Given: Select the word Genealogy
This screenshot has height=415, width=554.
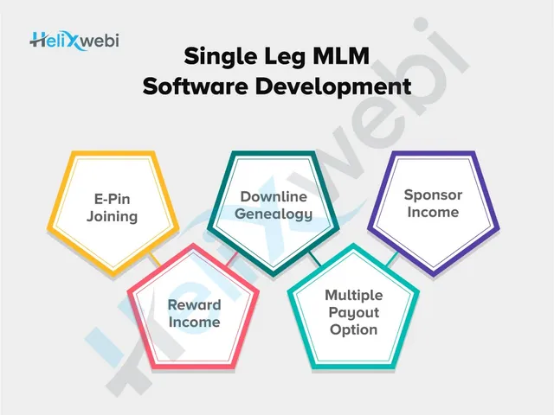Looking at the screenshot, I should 276,214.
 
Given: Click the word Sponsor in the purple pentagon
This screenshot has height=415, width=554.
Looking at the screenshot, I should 433,195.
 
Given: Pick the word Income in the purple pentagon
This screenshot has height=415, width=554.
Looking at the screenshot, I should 433,212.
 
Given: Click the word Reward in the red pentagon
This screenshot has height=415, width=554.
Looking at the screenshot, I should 195,304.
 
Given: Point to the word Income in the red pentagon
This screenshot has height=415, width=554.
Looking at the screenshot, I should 195,322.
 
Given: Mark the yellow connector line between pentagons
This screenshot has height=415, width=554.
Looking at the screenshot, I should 153,259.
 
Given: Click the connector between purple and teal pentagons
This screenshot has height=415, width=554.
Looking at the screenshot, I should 392,259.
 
